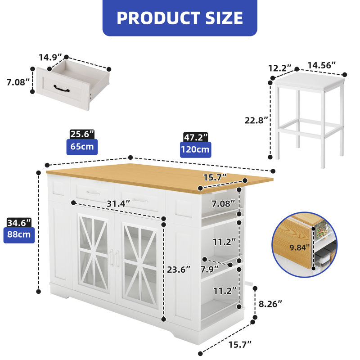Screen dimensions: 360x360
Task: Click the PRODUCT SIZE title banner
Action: click(x=180, y=18)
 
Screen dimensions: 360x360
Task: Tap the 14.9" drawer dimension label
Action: click(x=50, y=58)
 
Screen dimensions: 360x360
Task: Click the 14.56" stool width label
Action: click(x=321, y=65)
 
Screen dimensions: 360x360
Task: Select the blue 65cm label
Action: click(x=81, y=147)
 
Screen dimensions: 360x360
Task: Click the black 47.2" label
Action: click(x=195, y=136)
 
